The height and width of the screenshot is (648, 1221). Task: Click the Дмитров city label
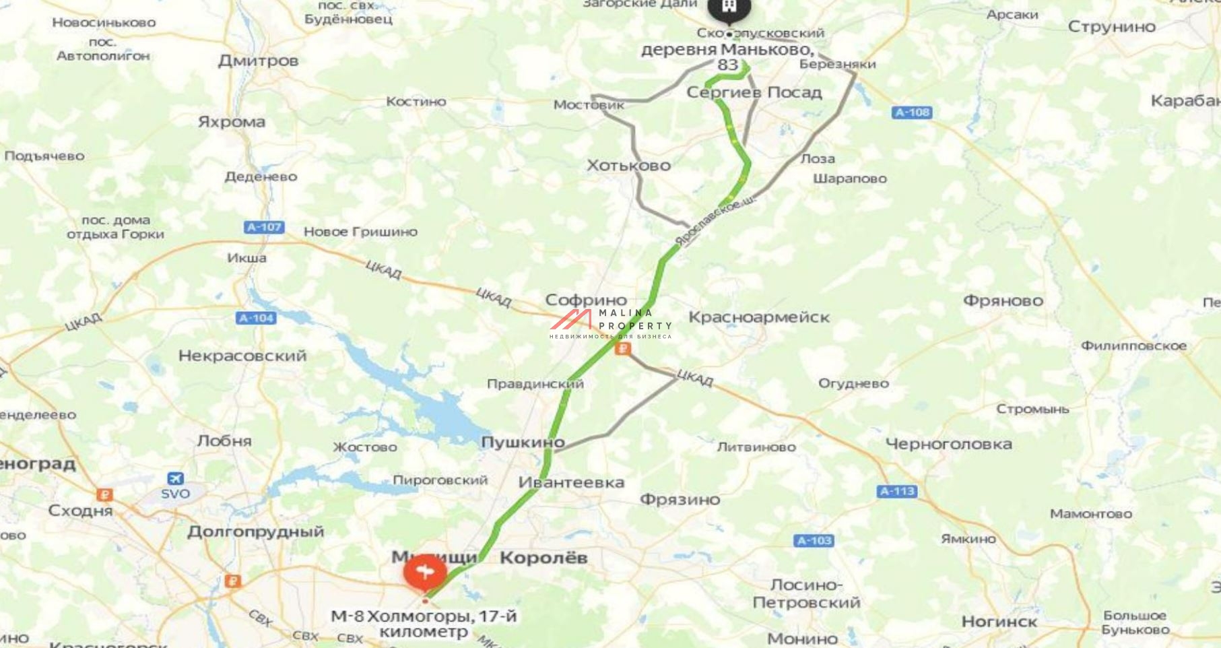[258, 61]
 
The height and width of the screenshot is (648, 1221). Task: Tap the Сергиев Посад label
[754, 92]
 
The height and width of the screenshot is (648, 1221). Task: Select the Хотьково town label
[628, 165]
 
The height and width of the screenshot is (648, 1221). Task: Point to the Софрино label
[586, 300]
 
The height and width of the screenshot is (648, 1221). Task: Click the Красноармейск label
[759, 317]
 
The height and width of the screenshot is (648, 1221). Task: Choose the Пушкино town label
[523, 443]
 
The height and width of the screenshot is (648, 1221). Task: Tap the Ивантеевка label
[571, 482]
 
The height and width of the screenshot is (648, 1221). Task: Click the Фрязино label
[680, 499]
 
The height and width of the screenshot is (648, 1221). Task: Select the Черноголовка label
[948, 444]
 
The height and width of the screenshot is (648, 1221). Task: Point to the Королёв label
[543, 558]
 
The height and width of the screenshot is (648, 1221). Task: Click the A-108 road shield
[913, 112]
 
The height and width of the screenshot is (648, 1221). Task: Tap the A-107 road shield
[264, 228]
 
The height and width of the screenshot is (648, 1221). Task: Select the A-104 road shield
[257, 318]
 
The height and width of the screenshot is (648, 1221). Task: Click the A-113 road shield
[898, 491]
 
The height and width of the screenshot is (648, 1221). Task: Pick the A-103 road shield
[814, 540]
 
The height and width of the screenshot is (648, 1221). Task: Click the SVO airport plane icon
[175, 478]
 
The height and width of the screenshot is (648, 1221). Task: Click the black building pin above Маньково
[729, 8]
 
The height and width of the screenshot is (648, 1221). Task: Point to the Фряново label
[1003, 300]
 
